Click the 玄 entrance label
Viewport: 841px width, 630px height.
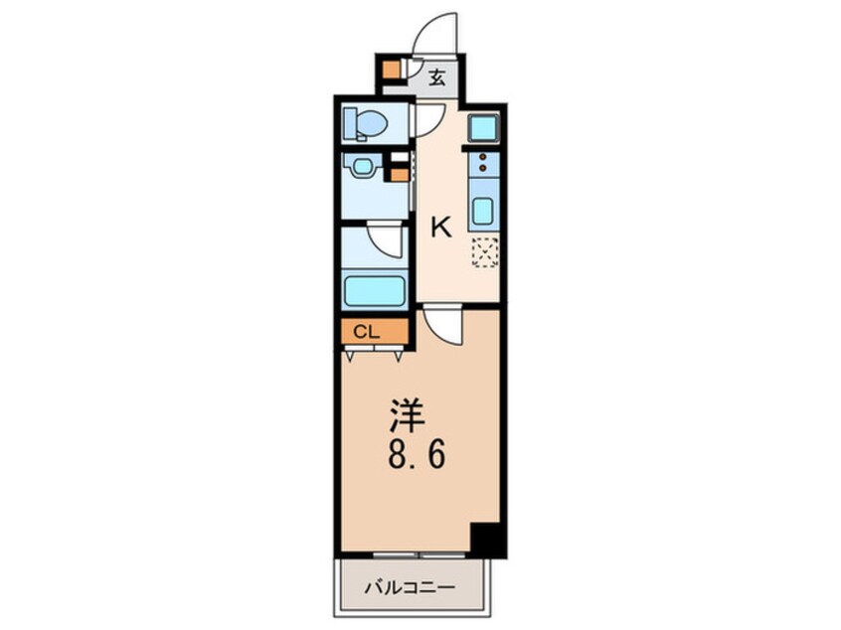[x=436, y=76]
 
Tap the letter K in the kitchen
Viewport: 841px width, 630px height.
[x=439, y=228]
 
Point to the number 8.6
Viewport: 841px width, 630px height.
[x=409, y=457]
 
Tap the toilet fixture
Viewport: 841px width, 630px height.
[x=366, y=125]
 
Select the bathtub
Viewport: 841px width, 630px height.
[x=375, y=291]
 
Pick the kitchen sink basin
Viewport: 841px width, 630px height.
[x=483, y=211]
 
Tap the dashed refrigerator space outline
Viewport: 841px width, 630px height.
[x=484, y=252]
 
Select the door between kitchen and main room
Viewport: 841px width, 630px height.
[x=443, y=326]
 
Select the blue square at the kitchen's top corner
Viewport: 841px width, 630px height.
[x=483, y=128]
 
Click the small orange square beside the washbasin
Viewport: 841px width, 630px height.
[x=398, y=176]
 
